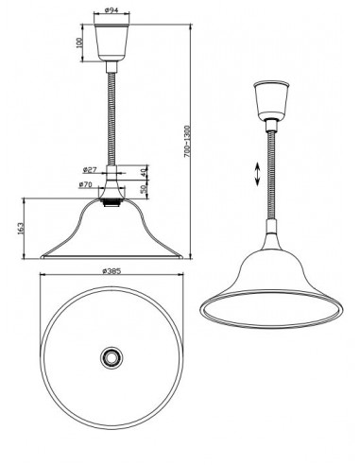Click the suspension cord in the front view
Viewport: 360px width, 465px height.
[x=111, y=113]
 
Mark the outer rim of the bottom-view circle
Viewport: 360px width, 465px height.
[x=43, y=357]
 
